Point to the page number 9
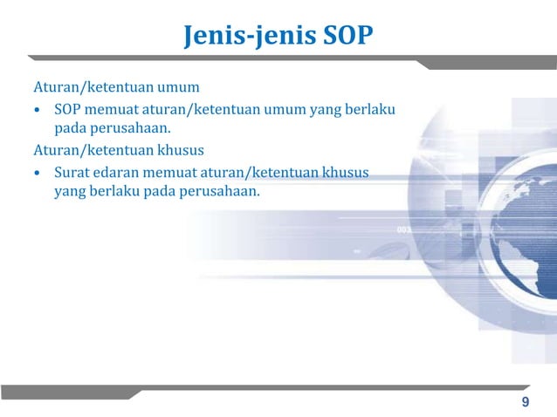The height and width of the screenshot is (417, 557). (525, 401)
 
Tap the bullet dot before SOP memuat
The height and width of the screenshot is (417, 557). (37, 111)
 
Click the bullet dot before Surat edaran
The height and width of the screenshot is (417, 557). (37, 174)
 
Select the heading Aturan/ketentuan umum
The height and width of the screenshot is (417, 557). (117, 88)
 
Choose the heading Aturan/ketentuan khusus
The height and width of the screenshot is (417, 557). (119, 151)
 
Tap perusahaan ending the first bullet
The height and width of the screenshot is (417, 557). (130, 131)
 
